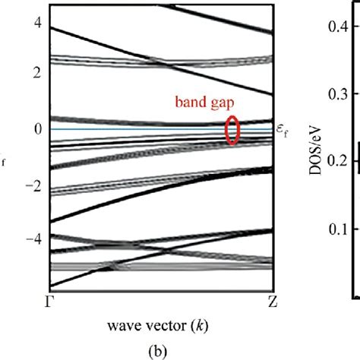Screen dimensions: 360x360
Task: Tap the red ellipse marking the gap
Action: click(x=233, y=128)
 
